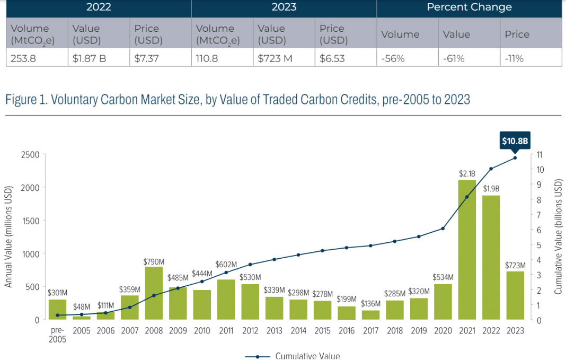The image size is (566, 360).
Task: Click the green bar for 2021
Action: coord(467,250)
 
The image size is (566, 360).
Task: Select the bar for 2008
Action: coord(154,293)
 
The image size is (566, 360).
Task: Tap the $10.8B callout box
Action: coord(515,141)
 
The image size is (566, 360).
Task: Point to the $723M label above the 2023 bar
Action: coord(515,266)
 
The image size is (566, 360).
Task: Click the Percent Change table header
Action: coord(469,7)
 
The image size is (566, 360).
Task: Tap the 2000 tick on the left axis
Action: coord(30,187)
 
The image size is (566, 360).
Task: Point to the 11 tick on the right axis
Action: coord(540,155)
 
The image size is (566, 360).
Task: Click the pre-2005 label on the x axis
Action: coord(57,335)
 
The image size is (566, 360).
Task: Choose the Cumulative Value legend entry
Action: coord(293,356)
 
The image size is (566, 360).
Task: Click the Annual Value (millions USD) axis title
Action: coord(8,236)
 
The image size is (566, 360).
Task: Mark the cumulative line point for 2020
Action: coord(443,229)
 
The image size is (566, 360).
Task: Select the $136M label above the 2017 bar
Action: coord(371,304)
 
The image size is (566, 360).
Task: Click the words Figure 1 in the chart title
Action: coord(26,99)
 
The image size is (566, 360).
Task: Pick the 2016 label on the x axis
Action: coord(347,330)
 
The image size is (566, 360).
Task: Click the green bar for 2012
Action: coord(250,302)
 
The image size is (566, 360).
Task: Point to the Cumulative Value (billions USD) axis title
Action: coord(559,236)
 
